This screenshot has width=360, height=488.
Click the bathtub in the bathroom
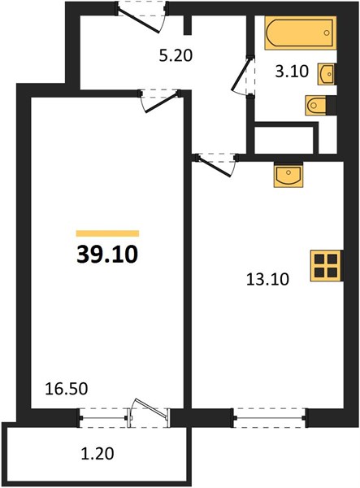pos(301,33)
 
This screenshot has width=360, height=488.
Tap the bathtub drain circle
pos(327,33)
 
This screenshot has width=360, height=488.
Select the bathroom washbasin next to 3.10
pos(326,74)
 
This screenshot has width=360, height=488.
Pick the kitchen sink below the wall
pos(288,176)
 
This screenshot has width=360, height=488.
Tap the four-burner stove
pos(326,266)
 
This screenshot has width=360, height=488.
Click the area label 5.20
pos(176,56)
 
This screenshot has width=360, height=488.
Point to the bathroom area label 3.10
pos(292,72)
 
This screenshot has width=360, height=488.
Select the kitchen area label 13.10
pos(267,279)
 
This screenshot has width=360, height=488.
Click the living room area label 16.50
pos(66,389)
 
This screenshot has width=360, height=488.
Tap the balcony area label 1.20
pos(98,454)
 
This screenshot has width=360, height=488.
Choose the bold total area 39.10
pos(107,255)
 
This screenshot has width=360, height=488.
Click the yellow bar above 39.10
pos(107,233)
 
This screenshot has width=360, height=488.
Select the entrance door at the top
pos(139,20)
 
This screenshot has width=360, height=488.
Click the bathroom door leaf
pos(241,75)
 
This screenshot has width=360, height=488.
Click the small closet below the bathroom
pos(284,140)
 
